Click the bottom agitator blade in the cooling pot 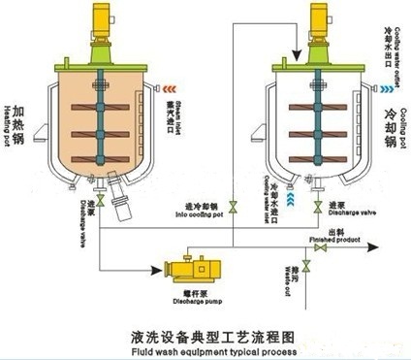pyautogui.click(x=319, y=152)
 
